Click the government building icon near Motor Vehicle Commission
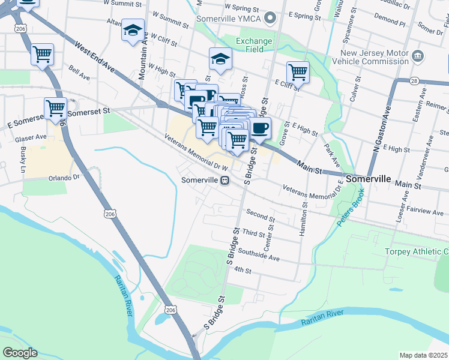(418, 57)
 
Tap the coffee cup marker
(260, 128)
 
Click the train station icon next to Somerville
(225, 179)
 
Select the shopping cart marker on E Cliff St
(298, 73)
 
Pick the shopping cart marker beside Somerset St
(55, 109)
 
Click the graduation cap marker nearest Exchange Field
(220, 59)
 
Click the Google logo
(20, 353)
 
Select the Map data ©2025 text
(423, 355)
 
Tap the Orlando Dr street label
(64, 178)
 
